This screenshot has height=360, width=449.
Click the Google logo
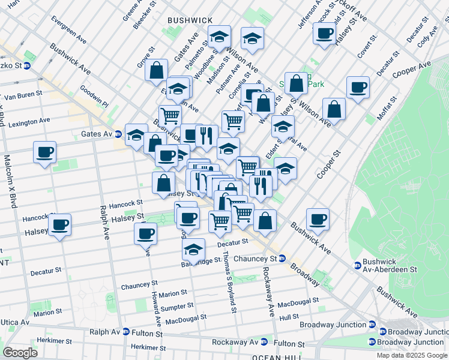[x=20, y=352]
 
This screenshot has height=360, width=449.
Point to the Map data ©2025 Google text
[x=412, y=355]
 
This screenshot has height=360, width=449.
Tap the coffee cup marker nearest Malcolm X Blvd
[x=45, y=152]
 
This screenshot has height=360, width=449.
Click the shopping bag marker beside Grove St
[x=156, y=70]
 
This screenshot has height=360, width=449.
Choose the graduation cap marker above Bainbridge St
[x=193, y=249]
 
